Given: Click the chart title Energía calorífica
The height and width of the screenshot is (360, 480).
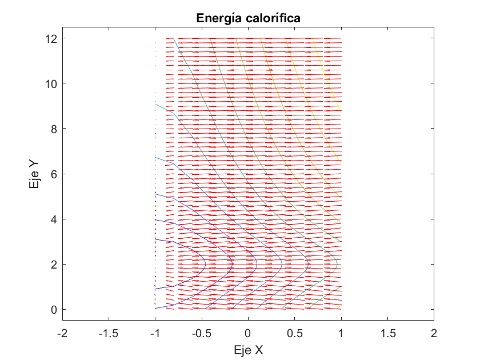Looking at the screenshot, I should point(248,18).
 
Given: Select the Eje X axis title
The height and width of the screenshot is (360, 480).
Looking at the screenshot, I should point(248,350).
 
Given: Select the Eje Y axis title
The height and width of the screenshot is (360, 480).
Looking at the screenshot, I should point(35,174).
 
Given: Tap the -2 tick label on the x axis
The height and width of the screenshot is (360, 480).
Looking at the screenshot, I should point(62,333).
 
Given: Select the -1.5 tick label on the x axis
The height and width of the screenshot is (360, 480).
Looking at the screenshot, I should point(109,333).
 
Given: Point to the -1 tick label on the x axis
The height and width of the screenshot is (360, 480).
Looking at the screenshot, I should point(155,333).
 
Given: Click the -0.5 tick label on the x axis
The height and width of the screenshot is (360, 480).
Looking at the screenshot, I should point(201,333).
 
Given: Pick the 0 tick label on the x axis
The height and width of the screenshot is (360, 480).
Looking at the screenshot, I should point(248,333).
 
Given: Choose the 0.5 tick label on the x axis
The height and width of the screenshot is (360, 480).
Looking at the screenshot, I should point(294,333).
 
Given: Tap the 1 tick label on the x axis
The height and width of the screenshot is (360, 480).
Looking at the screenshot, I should point(341,333).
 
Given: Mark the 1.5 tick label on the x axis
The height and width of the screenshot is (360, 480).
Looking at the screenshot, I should point(387,333).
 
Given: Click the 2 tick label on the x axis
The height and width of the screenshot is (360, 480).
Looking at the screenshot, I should point(434,333).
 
